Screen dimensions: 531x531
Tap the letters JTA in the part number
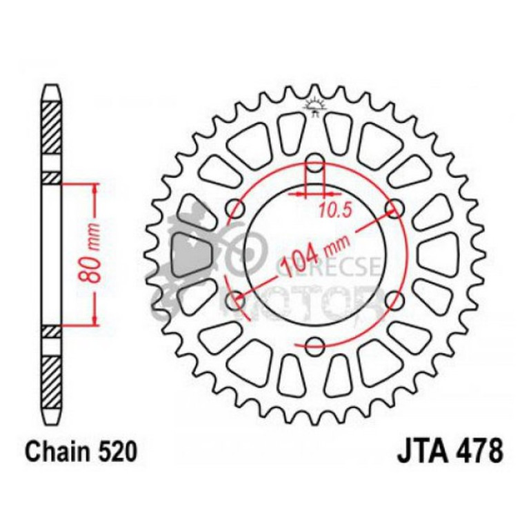[x=420, y=452]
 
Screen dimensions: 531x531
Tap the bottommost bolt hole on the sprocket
[x=315, y=345]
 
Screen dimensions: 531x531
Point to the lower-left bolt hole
[x=236, y=300]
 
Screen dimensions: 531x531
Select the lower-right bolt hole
[x=395, y=300]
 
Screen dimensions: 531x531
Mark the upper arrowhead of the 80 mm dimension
[x=92, y=188]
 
